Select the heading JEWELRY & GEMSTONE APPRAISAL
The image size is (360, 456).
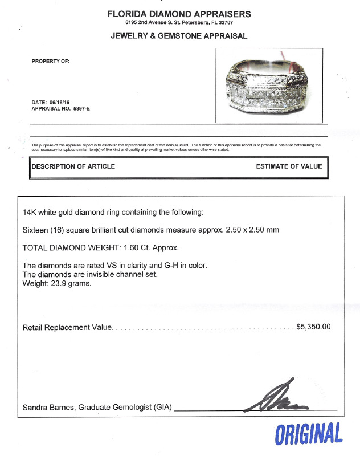click(x=179, y=36)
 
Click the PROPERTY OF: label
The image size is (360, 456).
click(x=51, y=62)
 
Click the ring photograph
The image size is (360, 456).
click(x=269, y=85)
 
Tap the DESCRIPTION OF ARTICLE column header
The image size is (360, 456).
click(x=73, y=166)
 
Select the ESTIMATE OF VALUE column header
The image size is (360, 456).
click(x=289, y=166)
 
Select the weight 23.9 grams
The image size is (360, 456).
click(x=68, y=283)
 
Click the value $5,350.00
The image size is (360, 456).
click(x=313, y=327)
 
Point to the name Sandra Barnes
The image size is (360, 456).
click(x=48, y=408)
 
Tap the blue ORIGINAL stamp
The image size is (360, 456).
click(x=308, y=434)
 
